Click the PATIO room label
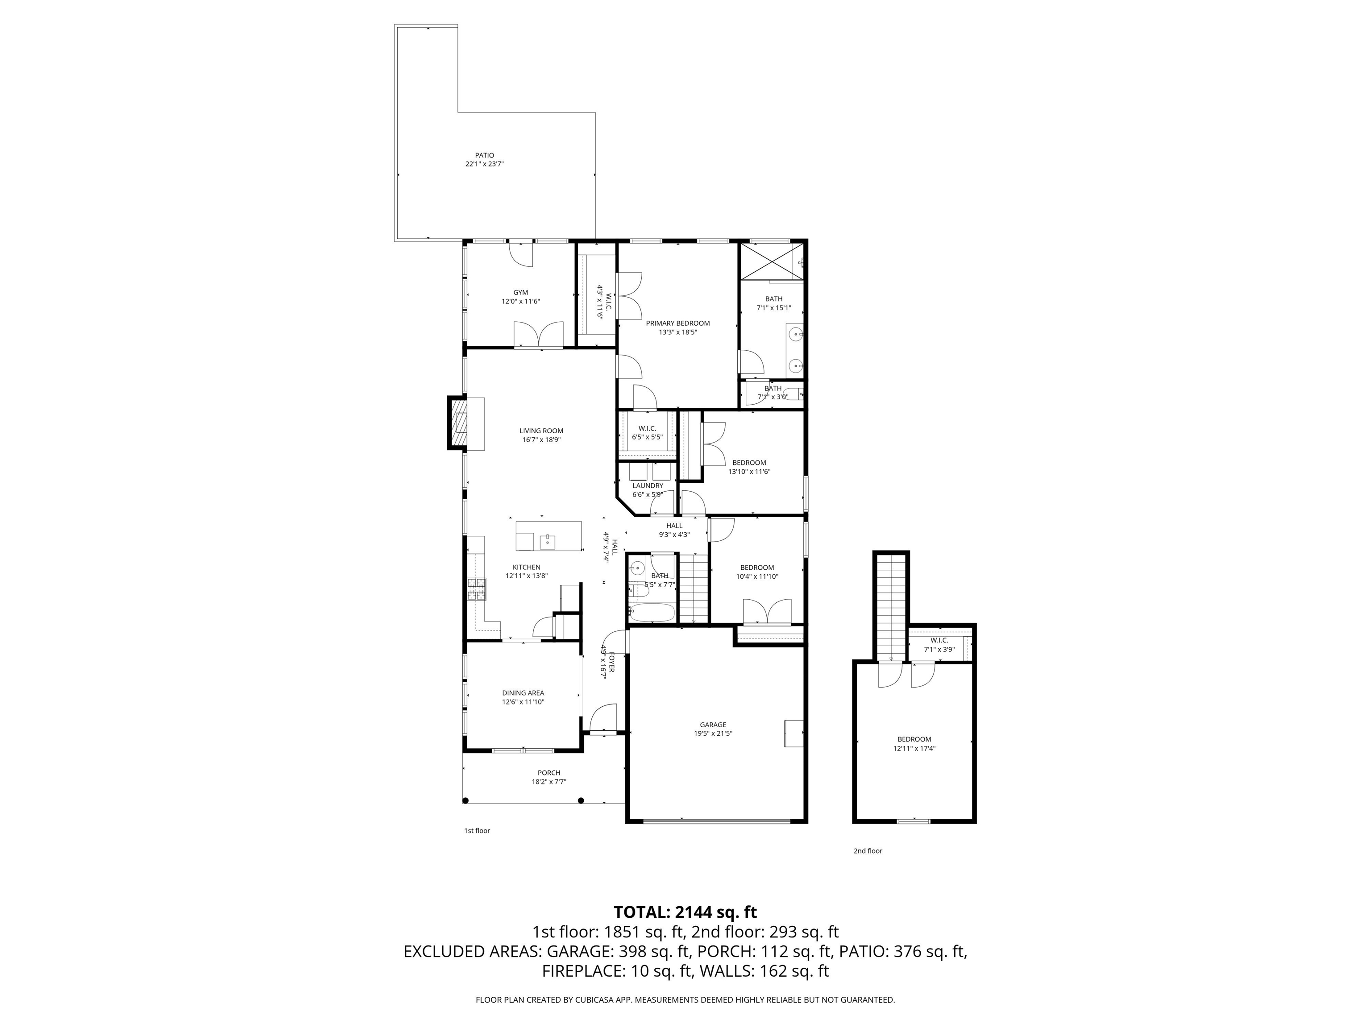tap(485, 156)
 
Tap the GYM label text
tap(521, 293)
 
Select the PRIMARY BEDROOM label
tap(678, 323)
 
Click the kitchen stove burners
tap(477, 589)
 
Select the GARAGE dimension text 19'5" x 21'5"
tap(713, 734)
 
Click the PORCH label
tap(549, 773)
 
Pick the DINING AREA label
tap(523, 693)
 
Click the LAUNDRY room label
tap(648, 486)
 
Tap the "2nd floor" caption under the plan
tap(868, 851)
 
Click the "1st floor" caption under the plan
tap(477, 830)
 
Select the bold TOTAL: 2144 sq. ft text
tap(685, 912)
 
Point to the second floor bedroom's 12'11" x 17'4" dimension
tap(914, 748)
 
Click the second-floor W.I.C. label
tap(939, 640)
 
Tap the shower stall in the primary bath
tap(772, 261)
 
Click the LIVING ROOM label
tap(541, 431)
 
